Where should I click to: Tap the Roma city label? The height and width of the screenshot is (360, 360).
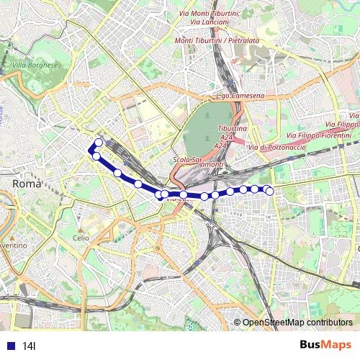coord(27,184)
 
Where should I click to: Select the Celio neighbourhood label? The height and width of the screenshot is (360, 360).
coord(81,238)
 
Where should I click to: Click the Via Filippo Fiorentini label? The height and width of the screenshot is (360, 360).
coord(319,135)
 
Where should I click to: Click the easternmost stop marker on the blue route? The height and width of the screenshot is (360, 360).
coord(269,191)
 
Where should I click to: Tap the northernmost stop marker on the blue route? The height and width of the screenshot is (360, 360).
coord(99,142)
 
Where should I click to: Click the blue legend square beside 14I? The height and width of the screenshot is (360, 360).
coord(9,346)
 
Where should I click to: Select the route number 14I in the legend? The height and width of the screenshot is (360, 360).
coord(29,346)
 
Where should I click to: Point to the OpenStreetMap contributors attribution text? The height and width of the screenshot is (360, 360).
coord(297,322)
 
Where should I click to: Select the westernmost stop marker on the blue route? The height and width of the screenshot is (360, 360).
coord(92,149)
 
